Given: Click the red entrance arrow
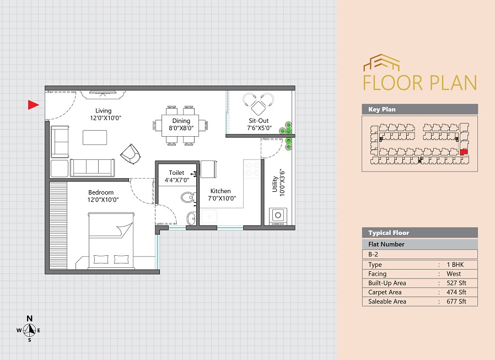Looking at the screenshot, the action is click(33, 105).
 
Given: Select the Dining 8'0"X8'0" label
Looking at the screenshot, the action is click(181, 125).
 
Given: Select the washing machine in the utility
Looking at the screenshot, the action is click(278, 216).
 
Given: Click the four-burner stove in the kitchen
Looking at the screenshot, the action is click(252, 169).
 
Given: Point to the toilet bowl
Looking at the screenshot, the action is click(188, 198).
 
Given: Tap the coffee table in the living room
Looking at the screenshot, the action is click(95, 137).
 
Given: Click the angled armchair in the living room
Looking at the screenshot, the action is click(131, 154).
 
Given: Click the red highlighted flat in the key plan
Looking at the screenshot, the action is click(464, 152).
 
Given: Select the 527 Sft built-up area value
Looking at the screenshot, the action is click(456, 283).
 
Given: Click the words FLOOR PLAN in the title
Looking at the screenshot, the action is click(420, 83).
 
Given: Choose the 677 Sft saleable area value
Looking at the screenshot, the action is click(456, 301).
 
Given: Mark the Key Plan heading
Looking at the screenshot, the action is click(382, 109).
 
